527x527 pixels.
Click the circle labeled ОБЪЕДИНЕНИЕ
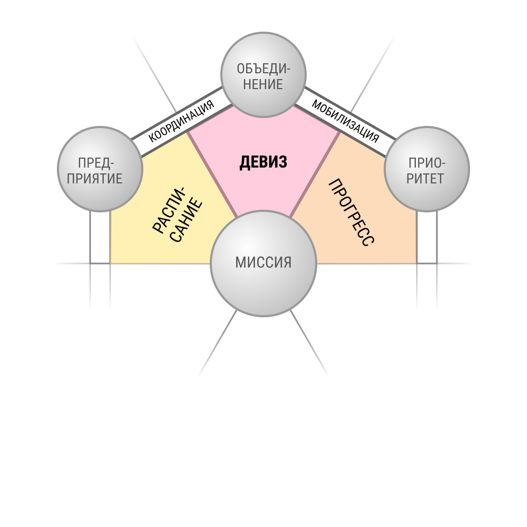(263, 75)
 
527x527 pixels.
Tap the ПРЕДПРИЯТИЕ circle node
(100, 169)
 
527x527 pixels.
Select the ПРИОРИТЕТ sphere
(427, 169)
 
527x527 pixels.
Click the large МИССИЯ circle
(263, 263)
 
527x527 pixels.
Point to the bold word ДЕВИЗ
(263, 162)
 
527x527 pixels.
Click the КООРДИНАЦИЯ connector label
(181, 121)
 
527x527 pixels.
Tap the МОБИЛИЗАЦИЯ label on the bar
(346, 121)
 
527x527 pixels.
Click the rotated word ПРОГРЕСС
(351, 213)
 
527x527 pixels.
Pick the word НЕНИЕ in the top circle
(263, 84)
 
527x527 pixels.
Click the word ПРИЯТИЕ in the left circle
(94, 179)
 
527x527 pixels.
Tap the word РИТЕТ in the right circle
(425, 179)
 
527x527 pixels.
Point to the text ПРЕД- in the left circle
(96, 163)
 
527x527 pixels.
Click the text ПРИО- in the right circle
(427, 163)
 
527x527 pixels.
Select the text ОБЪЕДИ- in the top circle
(263, 69)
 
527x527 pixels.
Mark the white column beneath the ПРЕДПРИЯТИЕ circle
(100, 237)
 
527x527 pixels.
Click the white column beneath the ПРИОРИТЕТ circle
(427, 237)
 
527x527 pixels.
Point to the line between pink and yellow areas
(212, 174)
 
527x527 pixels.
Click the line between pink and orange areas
(315, 174)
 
